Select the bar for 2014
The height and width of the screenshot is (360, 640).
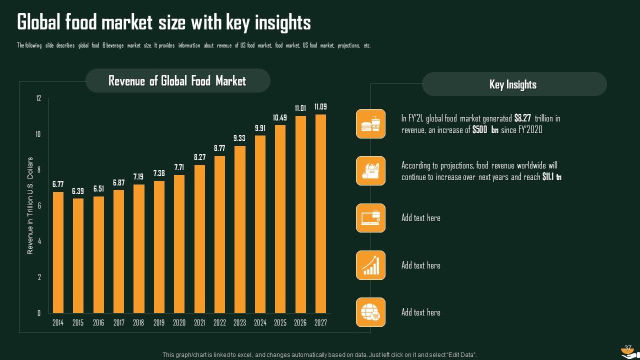58,252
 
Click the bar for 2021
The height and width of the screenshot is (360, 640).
199,239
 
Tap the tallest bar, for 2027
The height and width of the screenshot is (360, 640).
320,213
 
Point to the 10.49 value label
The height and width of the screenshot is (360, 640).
280,117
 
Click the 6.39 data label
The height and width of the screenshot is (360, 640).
78,191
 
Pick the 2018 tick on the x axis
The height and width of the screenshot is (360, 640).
138,323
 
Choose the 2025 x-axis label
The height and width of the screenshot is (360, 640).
280,323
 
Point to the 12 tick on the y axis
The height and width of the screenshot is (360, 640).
38,98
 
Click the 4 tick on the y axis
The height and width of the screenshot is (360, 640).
39,241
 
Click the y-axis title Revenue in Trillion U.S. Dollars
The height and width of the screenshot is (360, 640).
30,205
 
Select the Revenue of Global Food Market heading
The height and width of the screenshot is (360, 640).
177,81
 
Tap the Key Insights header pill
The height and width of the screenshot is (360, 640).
513,84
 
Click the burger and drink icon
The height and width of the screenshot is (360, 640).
370,123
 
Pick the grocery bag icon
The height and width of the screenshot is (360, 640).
370,170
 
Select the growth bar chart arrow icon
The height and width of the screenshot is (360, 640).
370,265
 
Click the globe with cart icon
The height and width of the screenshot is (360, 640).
370,312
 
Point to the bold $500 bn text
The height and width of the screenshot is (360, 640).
485,130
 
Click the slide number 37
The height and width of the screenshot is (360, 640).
628,348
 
